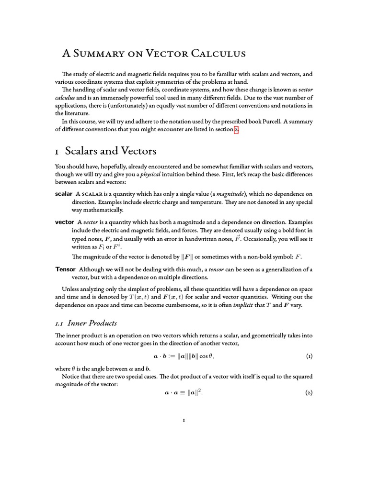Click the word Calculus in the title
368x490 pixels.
pos(218,54)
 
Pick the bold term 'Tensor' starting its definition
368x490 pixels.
pos(66,269)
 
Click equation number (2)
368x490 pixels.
pos(309,393)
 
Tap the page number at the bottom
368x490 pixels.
pos(184,421)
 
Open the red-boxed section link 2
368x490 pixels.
pos(236,130)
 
